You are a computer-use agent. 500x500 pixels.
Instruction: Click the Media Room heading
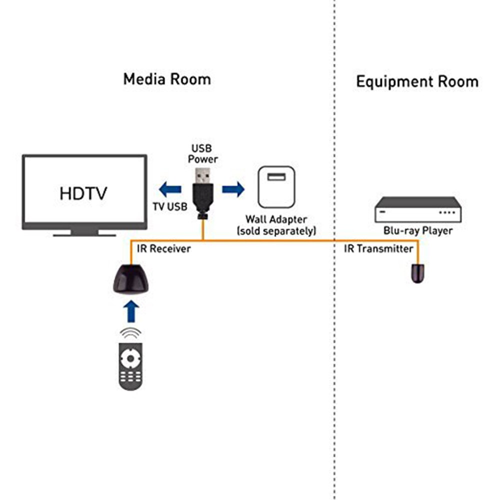coord(167,79)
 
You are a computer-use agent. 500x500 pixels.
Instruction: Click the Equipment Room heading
coord(417,81)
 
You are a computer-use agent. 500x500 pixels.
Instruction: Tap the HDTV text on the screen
coord(83,193)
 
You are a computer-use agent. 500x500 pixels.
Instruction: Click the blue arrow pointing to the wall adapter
coord(233,189)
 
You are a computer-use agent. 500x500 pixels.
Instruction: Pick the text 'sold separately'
coord(276,231)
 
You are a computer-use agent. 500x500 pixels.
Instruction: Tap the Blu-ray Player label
coord(418,231)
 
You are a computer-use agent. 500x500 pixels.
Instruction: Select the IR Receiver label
coord(163,248)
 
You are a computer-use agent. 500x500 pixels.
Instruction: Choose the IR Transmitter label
coord(378,248)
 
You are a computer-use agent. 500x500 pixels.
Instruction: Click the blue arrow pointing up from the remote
coord(130,311)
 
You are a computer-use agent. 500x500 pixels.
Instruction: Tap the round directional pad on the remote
coord(131,358)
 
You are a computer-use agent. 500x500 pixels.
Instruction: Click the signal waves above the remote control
coord(130,333)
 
